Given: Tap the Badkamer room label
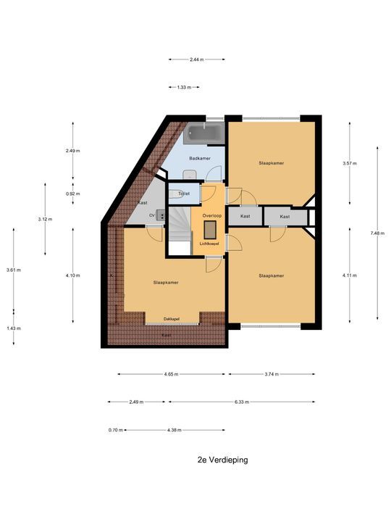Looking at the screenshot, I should pos(199,158).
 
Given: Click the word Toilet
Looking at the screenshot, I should pos(184,194).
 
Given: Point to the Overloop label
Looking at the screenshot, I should pos(211,216).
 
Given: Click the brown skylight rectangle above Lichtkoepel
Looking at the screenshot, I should pos(211,230).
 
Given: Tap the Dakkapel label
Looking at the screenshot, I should pos(172,318).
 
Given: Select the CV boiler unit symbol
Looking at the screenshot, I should pos(159,215).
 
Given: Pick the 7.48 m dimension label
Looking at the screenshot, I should pos(377,233).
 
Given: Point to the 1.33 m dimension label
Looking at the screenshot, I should pos(184,87).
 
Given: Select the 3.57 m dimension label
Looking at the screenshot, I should pos(349,164).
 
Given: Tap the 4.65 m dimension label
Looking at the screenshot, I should pos(172,375).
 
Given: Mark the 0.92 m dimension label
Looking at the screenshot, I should pos(72,194).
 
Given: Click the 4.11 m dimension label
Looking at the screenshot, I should pos(349,275).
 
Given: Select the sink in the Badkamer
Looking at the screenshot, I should pos(188,173).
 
